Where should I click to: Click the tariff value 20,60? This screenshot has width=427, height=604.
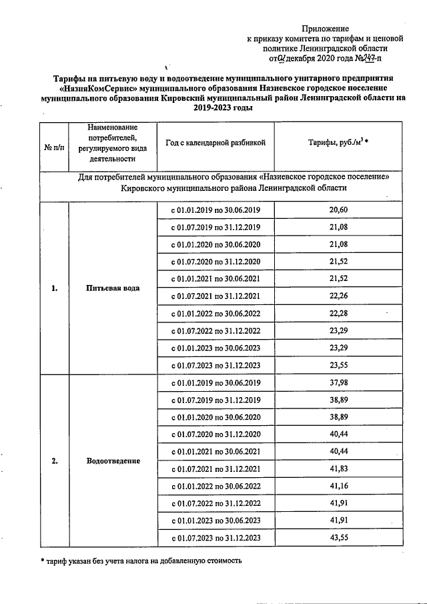pos(339,210)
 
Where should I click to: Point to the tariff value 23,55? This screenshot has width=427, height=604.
pos(339,365)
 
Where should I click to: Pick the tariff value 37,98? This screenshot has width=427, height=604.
pos(339,382)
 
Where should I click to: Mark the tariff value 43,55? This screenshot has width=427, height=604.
pos(339,537)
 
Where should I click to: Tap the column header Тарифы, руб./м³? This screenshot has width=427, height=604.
pos(338,143)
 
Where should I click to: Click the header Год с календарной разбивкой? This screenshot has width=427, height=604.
pos(216,143)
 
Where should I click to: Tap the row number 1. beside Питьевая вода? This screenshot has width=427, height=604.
pos(55,288)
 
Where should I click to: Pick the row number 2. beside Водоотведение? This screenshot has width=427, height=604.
pos(55,461)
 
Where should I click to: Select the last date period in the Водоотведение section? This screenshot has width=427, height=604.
pos(216,537)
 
